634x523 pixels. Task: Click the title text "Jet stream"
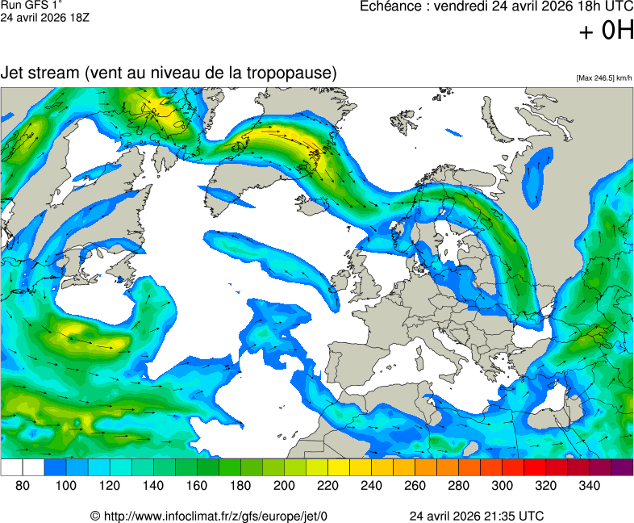[x=39, y=73]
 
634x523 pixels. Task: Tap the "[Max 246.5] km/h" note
[x=604, y=78]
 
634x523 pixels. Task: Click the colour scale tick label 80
[x=23, y=486]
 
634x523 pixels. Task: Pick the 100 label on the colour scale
[x=66, y=486]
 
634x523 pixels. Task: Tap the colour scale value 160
[x=197, y=486]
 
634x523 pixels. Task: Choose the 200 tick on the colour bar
[x=284, y=486]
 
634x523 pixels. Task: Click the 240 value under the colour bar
[x=371, y=486]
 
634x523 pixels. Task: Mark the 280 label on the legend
[x=458, y=486]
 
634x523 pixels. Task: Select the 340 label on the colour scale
[x=589, y=486]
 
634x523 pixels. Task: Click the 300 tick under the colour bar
[x=502, y=486]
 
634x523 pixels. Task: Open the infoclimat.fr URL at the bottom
[x=209, y=516]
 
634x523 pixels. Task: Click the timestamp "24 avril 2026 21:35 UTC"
[x=476, y=516]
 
